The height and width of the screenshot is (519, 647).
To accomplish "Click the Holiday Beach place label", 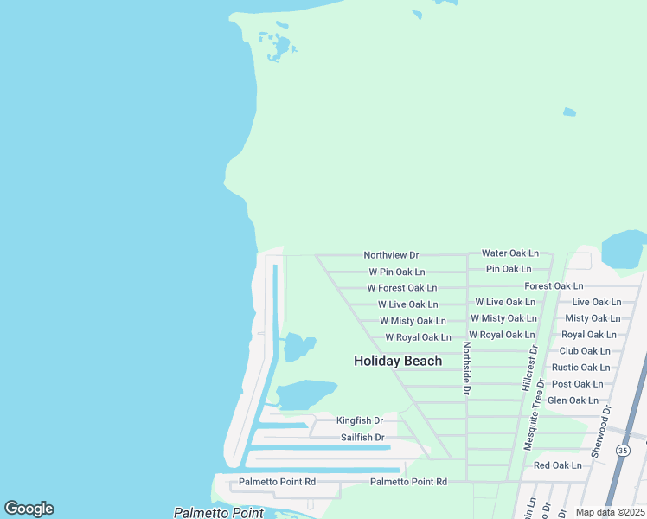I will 398,361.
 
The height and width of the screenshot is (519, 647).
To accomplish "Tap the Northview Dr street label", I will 391,255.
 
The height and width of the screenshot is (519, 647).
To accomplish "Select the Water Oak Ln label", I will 510,253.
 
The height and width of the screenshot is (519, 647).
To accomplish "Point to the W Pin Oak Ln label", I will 397,272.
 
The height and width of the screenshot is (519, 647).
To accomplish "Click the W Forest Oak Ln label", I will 402,288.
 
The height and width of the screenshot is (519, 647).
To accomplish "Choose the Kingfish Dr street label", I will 360,420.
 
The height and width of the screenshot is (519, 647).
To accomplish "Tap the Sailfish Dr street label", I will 362,438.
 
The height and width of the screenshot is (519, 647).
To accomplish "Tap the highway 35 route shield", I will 624,451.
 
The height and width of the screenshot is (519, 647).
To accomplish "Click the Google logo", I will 29,509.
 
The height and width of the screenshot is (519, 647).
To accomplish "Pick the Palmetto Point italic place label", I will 219,513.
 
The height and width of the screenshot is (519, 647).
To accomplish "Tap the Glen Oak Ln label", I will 573,400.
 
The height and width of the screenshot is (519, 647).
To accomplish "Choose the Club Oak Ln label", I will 585,351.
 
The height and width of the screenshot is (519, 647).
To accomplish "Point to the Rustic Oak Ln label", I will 581,368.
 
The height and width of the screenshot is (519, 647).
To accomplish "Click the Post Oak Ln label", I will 577,384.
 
